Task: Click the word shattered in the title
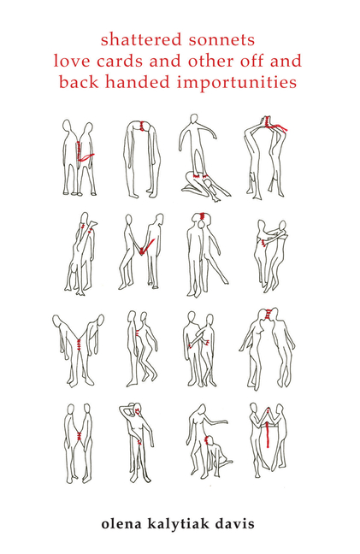tap(140, 39)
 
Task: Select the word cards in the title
tap(119, 61)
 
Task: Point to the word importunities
tap(236, 83)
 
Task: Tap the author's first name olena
tap(121, 523)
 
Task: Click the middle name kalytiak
tap(181, 524)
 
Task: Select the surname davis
tap(238, 523)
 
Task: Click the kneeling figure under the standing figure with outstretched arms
tap(204, 186)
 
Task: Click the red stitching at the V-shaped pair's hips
tap(79, 343)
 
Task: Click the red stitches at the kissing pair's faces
tap(269, 314)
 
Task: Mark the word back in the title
tap(80, 82)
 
